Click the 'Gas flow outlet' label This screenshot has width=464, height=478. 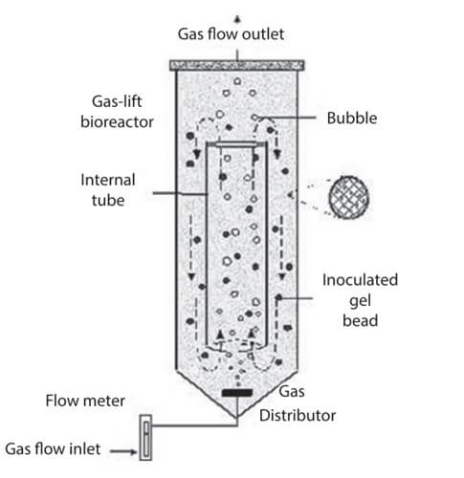231,34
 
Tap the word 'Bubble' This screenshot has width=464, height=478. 352,119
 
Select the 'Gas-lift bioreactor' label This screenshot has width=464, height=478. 117,112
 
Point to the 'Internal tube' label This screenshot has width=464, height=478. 108,190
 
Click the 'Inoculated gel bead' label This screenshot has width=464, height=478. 361,300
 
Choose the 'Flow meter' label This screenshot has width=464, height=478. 85,401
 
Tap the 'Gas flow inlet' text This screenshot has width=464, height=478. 53,448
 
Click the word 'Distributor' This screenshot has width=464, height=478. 298,416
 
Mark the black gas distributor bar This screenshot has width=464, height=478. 237,393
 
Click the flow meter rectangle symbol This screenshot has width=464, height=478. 145,437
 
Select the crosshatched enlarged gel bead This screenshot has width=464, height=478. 349,198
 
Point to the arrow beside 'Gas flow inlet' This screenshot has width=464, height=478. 123,451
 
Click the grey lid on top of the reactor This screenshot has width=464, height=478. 237,66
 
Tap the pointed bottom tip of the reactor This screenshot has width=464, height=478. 237,417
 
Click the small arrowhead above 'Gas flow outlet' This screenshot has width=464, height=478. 237,19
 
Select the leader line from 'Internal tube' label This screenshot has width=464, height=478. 180,193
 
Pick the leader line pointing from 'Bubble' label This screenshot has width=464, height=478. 286,118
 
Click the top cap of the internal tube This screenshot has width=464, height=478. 236,144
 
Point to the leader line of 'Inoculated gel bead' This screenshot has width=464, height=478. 296,298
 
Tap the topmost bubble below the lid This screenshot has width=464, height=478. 237,81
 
